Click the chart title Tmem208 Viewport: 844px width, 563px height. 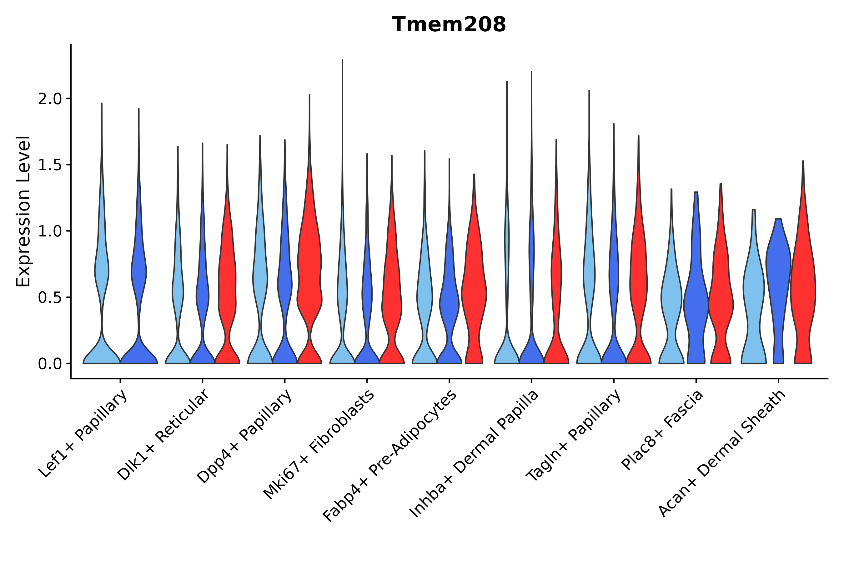click(x=449, y=25)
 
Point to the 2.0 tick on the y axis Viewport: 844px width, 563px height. click(x=50, y=99)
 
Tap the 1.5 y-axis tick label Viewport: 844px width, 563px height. click(x=50, y=165)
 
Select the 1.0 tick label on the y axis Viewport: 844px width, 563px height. click(x=50, y=231)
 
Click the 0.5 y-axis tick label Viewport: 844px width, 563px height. click(x=50, y=298)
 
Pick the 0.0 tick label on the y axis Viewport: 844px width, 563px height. click(x=50, y=364)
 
